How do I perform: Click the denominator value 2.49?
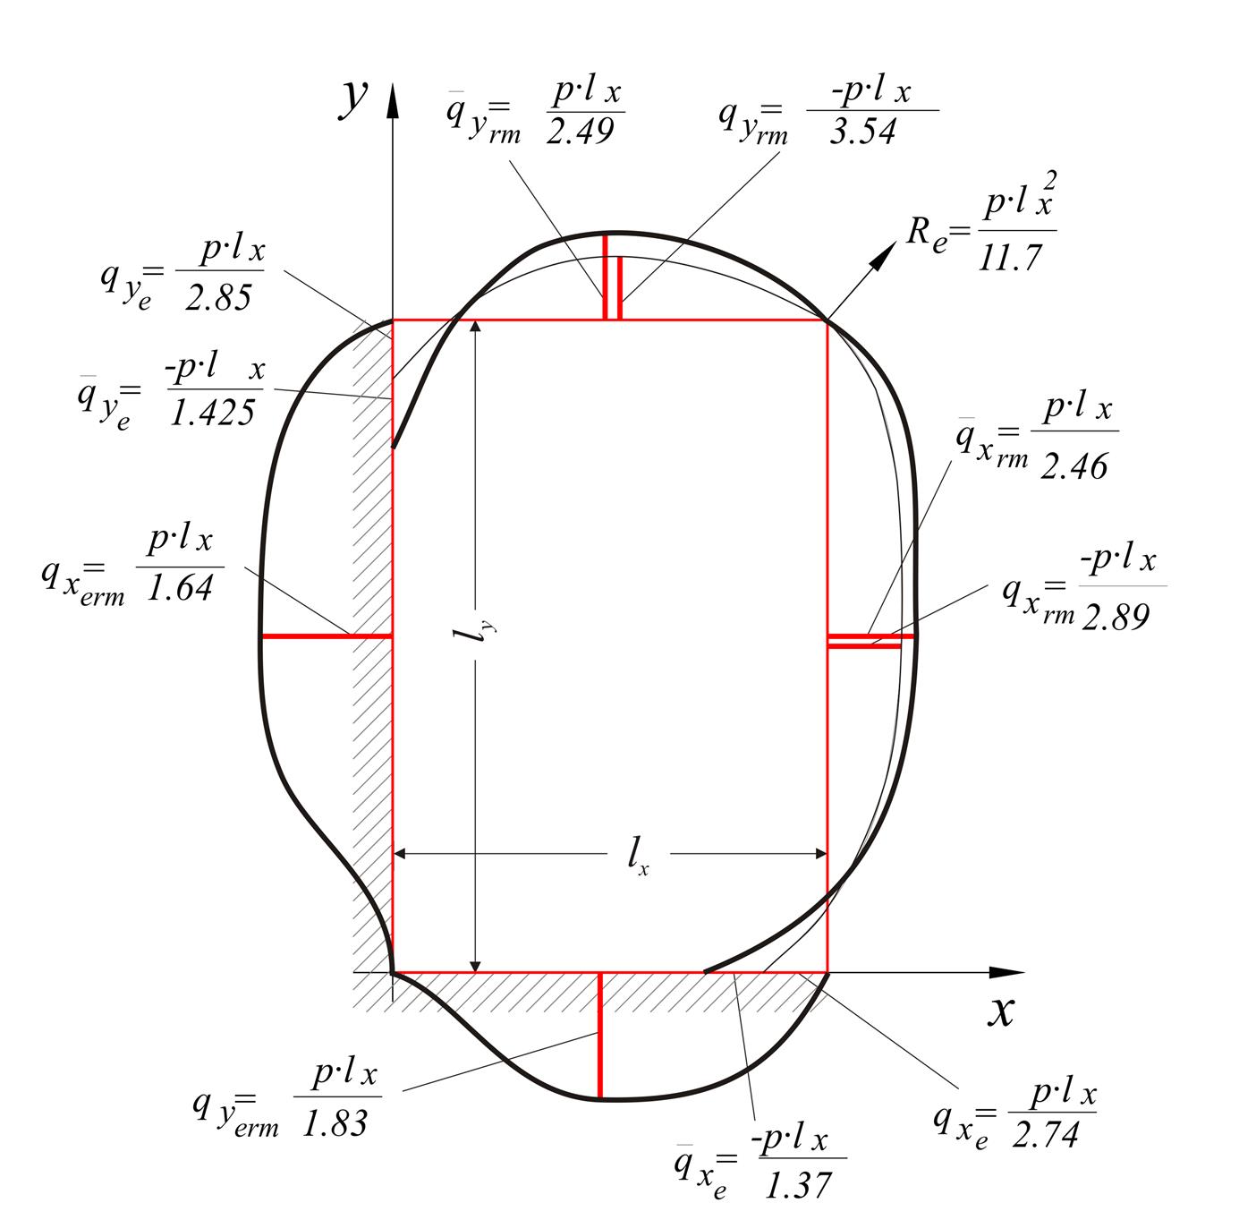coord(580,131)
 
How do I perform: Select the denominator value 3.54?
coord(862,132)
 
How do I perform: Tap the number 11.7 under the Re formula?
coord(1009,258)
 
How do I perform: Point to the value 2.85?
coord(218,298)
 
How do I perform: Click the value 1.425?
coord(212,413)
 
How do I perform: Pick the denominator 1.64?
coord(180,588)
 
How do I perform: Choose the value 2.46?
coord(1074,465)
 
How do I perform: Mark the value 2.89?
coord(1115,617)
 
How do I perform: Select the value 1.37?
coord(799,1185)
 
